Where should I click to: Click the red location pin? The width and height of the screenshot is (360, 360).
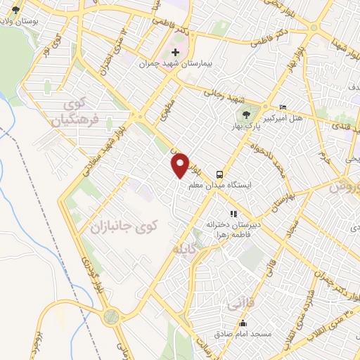point(180,165)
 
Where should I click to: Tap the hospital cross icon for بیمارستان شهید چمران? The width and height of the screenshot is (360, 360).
point(176,53)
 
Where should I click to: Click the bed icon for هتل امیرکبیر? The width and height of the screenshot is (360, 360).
point(283,108)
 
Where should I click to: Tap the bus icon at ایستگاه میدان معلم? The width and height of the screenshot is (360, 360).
point(220,174)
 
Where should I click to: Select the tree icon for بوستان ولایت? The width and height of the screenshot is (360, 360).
point(15,12)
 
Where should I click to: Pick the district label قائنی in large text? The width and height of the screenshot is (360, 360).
point(236,304)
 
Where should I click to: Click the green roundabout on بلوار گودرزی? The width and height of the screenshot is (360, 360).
point(111,318)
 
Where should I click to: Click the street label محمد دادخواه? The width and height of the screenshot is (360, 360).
point(267,148)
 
